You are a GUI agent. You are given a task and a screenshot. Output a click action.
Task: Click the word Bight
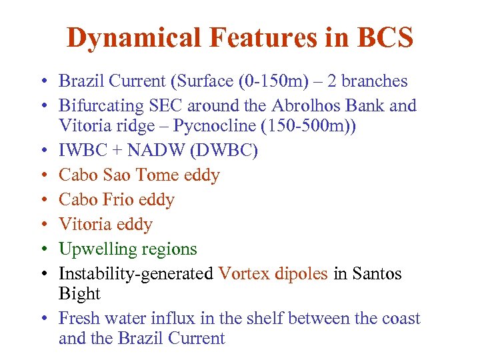pos(79,294)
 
